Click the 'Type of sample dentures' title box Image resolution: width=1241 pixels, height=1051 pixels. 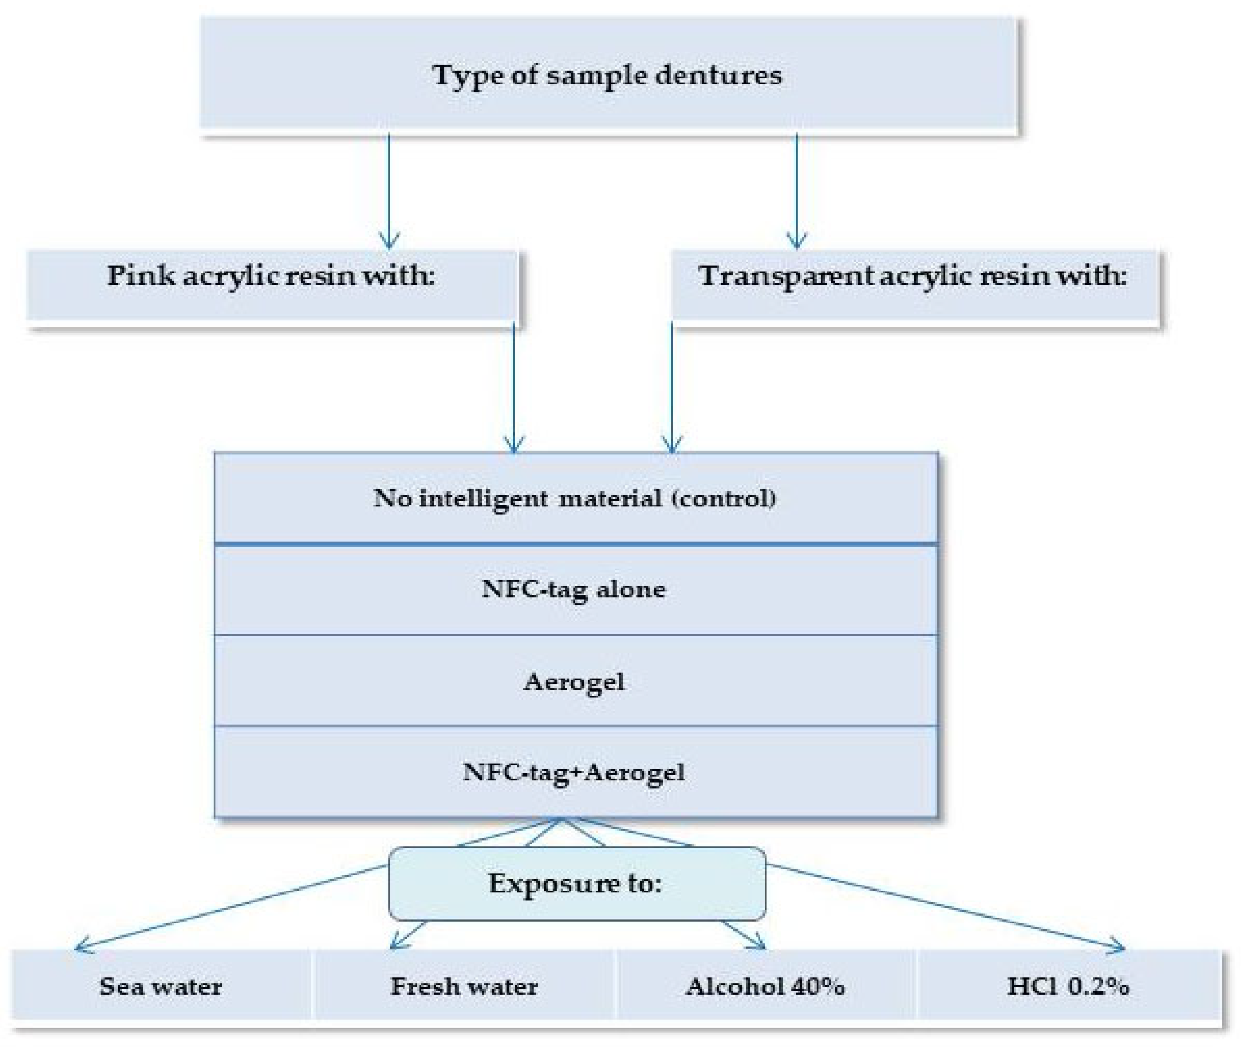[608, 74]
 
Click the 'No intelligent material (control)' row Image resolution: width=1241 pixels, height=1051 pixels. [575, 498]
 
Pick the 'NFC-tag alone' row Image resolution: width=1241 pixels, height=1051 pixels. [575, 589]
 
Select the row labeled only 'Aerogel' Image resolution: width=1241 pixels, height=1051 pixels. [575, 681]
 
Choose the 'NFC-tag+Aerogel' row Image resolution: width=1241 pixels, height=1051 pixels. [575, 772]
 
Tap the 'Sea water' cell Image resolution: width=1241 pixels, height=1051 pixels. [161, 987]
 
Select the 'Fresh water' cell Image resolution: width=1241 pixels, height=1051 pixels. [464, 987]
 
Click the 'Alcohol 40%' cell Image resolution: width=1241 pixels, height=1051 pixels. [765, 987]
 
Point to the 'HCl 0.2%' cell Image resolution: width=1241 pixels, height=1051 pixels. [1068, 987]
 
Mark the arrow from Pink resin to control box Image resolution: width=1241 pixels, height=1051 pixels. [514, 387]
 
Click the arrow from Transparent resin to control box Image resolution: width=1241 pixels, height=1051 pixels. [672, 387]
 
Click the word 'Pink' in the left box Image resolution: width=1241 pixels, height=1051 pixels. [140, 275]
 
